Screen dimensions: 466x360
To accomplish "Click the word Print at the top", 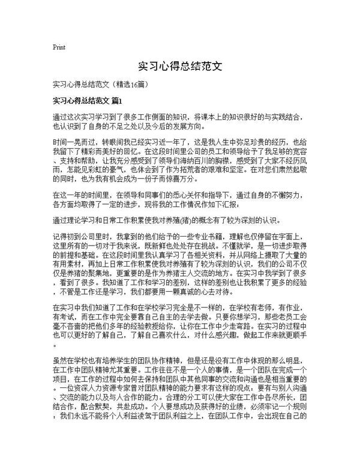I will click(x=59, y=46).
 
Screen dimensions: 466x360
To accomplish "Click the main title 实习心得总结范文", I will click(x=180, y=65).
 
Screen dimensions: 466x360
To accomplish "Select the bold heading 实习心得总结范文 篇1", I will click(x=87, y=99).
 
